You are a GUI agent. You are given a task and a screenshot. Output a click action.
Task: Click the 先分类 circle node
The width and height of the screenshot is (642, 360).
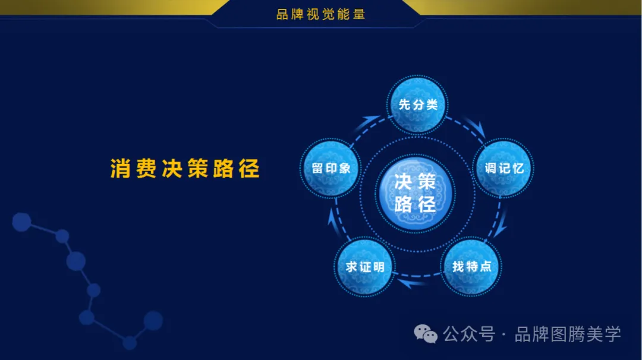418,105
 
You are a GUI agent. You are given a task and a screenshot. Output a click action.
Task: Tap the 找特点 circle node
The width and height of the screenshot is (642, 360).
471,266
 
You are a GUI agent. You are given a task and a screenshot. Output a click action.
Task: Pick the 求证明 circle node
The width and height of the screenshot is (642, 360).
365,267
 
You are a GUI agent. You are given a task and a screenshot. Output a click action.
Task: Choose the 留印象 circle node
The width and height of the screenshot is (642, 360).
331,169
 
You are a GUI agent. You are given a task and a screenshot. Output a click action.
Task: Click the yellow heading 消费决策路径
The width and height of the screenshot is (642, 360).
185,169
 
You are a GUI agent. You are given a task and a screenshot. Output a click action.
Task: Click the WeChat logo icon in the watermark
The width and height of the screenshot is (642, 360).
426,334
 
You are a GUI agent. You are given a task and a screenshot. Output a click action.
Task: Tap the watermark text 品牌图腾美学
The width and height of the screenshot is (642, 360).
568,334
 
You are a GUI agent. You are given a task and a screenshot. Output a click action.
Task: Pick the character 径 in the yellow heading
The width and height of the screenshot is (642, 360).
249,169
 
